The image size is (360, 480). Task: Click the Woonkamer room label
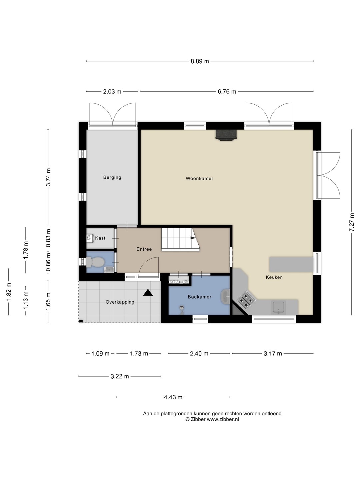coord(199,178)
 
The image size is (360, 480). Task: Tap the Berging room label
coord(112,177)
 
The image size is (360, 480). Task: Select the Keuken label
coord(274,277)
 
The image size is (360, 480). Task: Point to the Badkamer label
coord(200,297)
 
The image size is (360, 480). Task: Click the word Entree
coord(144,249)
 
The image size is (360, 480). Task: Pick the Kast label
coord(100,238)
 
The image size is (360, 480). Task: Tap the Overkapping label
coord(120,302)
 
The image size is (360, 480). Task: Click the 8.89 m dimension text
coord(200,61)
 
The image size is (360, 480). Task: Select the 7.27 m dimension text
coord(351,222)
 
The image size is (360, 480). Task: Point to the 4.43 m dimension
coord(173,397)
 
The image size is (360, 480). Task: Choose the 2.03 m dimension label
coord(112,92)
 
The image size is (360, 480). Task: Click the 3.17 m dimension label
coord(273,354)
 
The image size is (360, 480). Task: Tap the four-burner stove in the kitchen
coord(247,300)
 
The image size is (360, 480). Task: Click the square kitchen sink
coord(278,307)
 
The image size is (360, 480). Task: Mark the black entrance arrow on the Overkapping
coord(148,293)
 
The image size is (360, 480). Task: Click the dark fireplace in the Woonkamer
coord(226,135)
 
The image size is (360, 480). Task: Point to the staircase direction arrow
coord(193,238)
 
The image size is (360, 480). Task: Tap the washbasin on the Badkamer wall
coord(225,297)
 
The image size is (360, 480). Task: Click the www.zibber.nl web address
coord(223,419)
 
